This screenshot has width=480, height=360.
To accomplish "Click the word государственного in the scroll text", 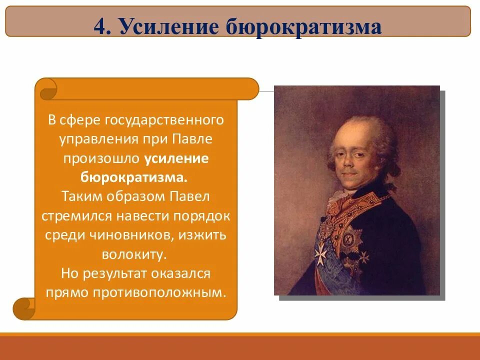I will [163, 120].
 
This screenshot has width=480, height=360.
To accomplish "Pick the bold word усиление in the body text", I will [176, 158].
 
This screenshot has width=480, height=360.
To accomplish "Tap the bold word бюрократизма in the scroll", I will [134, 177].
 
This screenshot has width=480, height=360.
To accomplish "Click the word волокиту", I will [134, 254].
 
